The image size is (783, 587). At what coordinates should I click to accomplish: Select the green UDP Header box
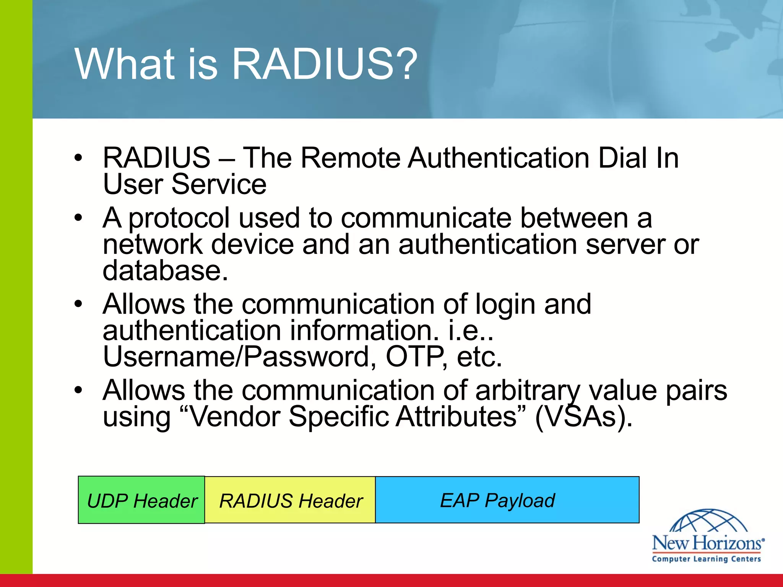coord(141,500)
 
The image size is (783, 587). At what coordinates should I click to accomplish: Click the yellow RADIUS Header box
coord(290,500)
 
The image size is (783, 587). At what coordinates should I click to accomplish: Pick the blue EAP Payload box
coord(507,500)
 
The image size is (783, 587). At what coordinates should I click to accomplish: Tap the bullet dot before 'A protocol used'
coord(79,218)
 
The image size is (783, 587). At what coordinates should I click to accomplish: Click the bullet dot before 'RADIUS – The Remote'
coord(79,158)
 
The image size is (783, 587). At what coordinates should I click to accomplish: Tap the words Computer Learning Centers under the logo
coord(707,559)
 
